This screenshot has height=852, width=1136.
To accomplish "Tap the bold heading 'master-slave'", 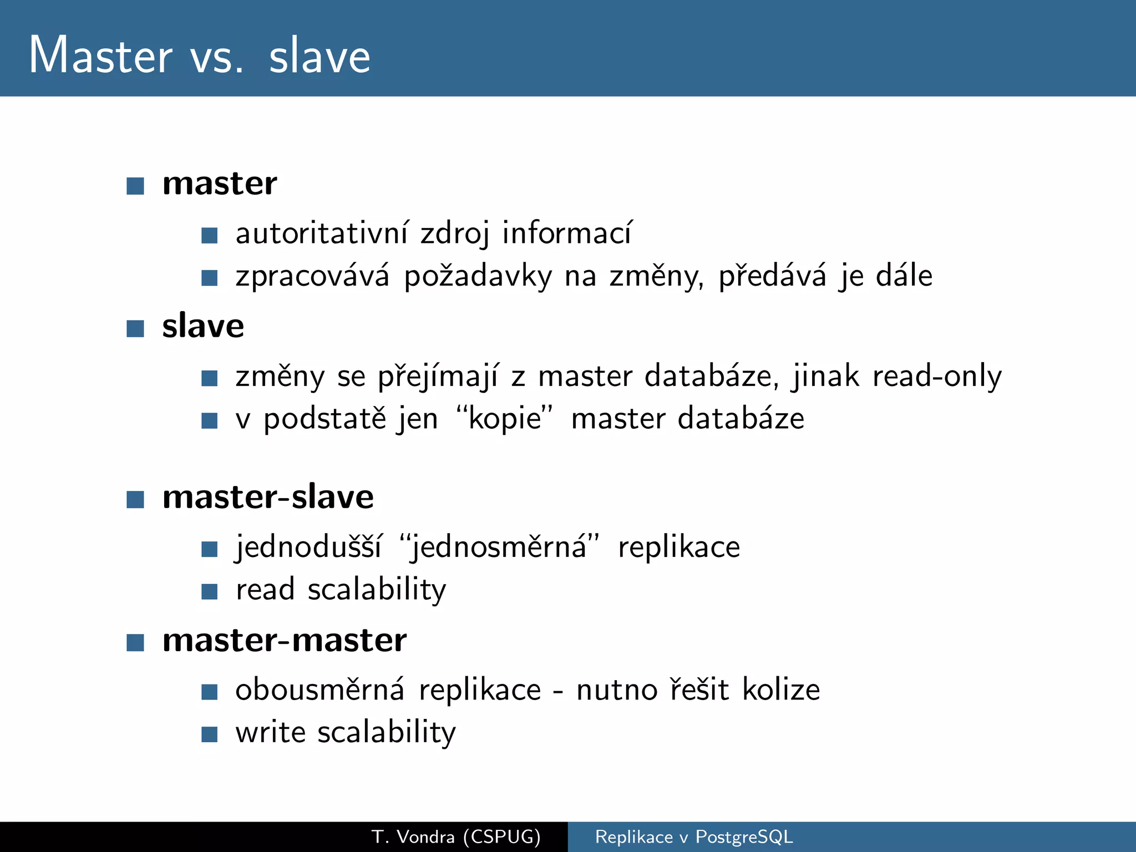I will click(x=268, y=496).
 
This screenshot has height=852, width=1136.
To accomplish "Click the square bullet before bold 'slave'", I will click(x=135, y=328).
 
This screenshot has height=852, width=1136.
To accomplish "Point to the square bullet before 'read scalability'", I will click(x=209, y=591).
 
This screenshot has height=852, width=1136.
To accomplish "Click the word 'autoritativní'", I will click(x=322, y=233).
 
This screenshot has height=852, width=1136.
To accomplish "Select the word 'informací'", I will click(x=566, y=233).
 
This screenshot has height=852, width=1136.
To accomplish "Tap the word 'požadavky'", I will click(x=478, y=276).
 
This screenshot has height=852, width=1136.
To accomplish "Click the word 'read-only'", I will click(x=937, y=377).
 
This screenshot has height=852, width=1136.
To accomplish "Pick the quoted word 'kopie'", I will click(x=504, y=419).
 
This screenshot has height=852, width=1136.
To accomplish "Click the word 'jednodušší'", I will click(x=308, y=547).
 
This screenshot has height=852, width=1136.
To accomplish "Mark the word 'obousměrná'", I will click(x=319, y=690).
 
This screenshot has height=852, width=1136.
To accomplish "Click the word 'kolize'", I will click(x=781, y=690).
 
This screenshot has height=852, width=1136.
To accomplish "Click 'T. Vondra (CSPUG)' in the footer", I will click(x=456, y=836).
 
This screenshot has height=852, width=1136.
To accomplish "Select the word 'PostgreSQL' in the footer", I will click(x=744, y=836).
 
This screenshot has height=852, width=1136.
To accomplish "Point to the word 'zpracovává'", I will click(x=312, y=276).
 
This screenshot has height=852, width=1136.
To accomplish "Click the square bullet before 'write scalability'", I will click(x=209, y=734).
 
